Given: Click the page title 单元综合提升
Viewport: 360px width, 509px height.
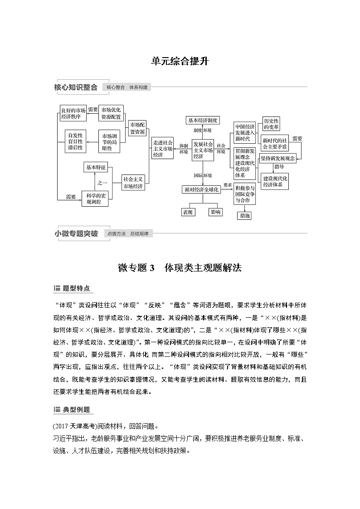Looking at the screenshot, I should pos(180,62).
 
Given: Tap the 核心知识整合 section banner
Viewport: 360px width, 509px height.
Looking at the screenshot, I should pos(76,87).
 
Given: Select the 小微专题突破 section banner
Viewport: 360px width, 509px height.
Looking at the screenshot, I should pos(76,234).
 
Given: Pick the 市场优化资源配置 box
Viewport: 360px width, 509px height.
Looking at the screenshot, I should pos(112,113).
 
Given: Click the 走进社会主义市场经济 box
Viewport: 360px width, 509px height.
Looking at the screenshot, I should pos(162,148).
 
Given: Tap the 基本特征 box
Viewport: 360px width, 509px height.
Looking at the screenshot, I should pos(95,168).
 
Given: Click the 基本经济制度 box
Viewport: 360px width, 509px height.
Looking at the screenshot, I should pos(203,120).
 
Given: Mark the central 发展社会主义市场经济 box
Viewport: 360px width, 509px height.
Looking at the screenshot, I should pos(203,150).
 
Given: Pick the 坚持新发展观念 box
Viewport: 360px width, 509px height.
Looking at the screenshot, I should pos(277,159).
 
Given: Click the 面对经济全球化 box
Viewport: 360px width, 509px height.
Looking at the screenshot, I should pos(201,189).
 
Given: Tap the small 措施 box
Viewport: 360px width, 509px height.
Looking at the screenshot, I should pos(245,216).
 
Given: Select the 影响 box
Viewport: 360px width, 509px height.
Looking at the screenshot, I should pos(215,212).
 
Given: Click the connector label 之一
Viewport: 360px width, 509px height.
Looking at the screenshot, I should pos(102,183).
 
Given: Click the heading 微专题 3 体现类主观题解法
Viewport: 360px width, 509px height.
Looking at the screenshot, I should pos(180,268).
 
